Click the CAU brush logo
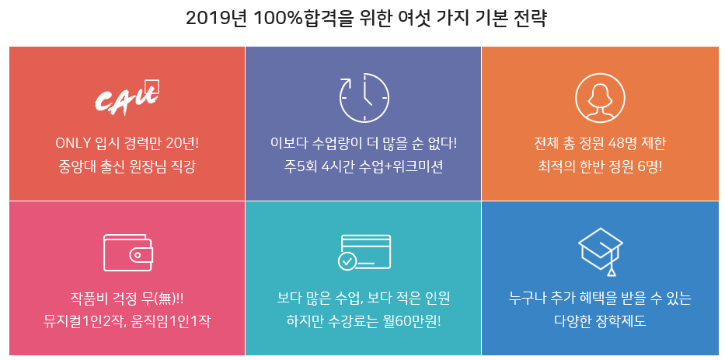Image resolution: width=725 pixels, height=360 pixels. (127, 96)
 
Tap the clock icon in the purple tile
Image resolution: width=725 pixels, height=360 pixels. (364, 98)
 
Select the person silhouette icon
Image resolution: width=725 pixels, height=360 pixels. (600, 98)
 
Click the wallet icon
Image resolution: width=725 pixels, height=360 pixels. (128, 253)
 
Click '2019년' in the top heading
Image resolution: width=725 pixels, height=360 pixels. (214, 19)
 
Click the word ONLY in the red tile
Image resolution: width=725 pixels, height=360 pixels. (73, 143)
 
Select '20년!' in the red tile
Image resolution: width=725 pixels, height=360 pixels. (182, 143)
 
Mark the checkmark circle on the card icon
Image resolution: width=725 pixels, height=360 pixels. (347, 262)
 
